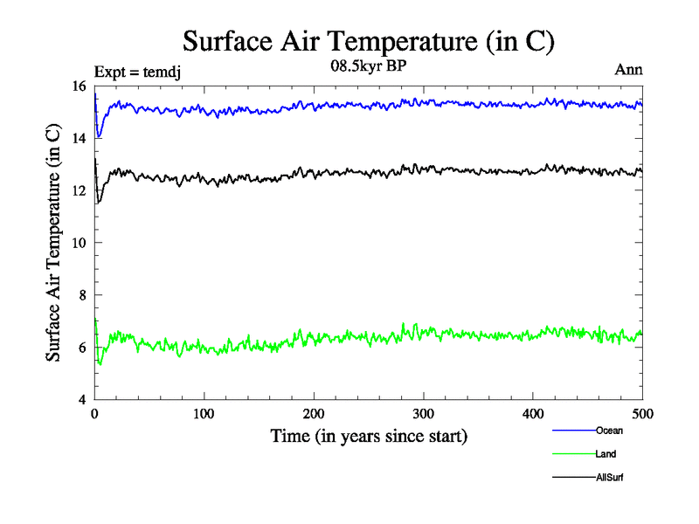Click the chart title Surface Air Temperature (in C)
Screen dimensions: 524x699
click(x=368, y=41)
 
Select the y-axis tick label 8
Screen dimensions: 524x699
click(x=81, y=295)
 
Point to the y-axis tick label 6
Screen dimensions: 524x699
click(x=81, y=348)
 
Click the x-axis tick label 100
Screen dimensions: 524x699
click(x=204, y=414)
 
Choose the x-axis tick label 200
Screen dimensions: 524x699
click(x=314, y=414)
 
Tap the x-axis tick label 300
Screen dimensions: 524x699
click(x=423, y=414)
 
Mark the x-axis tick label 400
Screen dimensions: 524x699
click(x=533, y=414)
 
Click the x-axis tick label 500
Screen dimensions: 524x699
click(x=642, y=414)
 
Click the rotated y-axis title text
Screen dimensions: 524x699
click(x=53, y=243)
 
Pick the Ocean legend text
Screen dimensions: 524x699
click(x=609, y=431)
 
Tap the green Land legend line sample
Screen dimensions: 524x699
click(x=573, y=454)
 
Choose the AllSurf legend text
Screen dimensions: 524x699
click(x=610, y=478)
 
